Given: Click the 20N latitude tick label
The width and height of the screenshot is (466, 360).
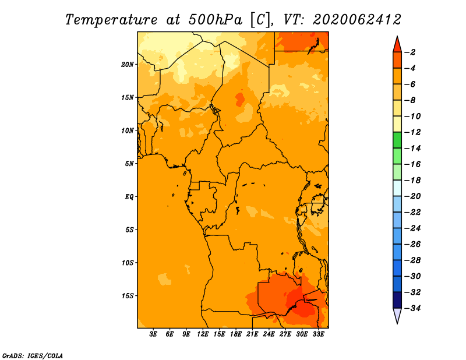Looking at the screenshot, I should pos(128,64).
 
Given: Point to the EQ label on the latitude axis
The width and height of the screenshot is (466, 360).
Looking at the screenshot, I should pos(129,196).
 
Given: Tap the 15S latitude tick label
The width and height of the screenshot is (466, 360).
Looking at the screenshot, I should pos(128,295).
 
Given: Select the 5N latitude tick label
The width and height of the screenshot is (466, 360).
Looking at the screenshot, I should pos(129,163).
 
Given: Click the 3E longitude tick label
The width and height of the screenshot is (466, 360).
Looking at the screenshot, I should pos(154,334).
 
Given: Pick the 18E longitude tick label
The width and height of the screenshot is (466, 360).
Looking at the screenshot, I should pos(236,334).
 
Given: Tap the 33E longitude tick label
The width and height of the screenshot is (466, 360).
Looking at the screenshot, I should pos(318,334).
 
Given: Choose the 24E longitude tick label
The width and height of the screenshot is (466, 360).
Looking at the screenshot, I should pos(269,334).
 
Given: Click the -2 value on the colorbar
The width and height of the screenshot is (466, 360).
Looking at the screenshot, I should pos(411,52).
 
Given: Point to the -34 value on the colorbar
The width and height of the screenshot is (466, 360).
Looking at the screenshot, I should pos(413,308).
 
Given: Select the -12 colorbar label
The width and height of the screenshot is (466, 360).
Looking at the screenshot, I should pos(413,132).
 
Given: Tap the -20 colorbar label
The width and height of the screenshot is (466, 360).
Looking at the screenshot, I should pos(413,196).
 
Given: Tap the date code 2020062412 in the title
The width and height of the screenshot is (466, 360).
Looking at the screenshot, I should pos(356,19).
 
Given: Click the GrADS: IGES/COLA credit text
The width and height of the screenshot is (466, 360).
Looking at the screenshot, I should pos(33,355).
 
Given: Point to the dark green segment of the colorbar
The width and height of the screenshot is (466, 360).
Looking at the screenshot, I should pos(397,140).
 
